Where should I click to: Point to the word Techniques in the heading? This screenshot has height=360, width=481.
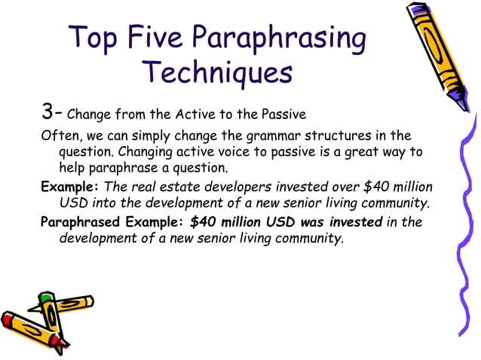pyautogui.click(x=217, y=74)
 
